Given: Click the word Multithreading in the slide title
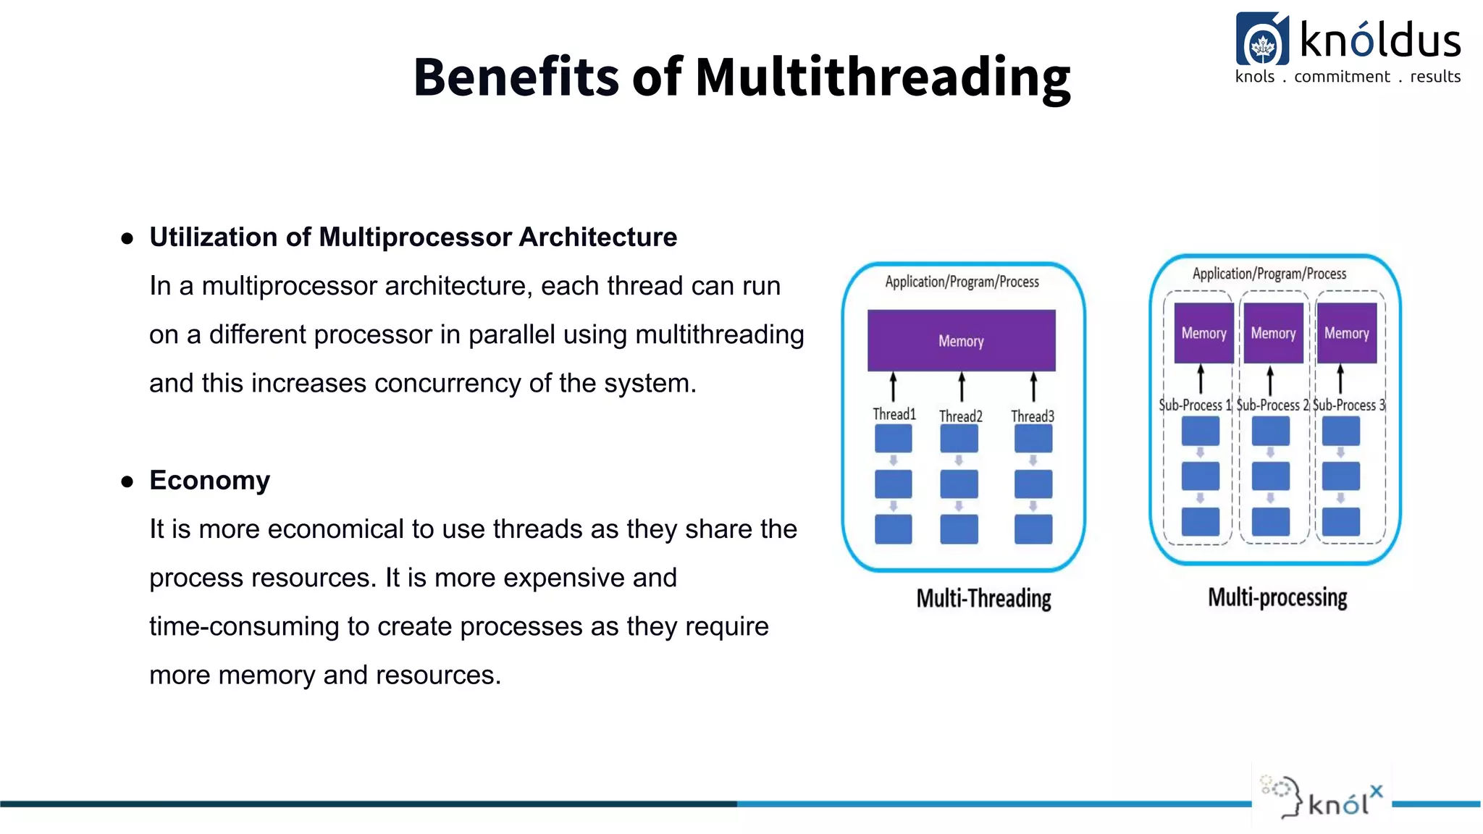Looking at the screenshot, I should pos(882,77).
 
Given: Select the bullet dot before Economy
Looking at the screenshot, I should pos(127,481).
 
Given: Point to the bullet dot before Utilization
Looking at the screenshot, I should pos(127,238).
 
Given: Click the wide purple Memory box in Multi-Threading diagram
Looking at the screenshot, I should pos(961,340).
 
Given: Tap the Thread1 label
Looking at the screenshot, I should pos(894,414).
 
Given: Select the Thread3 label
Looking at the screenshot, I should pos(1032,416).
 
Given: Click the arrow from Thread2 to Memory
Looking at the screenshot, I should pos(962,387).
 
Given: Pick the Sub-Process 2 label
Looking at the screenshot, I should pos(1272,405).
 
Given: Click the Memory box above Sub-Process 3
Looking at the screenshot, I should pos(1346,333).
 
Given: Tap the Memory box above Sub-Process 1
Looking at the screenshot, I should pos(1203,333).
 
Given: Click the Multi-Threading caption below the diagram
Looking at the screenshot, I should pos(983,599).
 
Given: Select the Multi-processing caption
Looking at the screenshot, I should pos(1277,597).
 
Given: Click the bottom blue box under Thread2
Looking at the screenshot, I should pos(959,529).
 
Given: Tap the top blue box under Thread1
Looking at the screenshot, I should pos(893,439).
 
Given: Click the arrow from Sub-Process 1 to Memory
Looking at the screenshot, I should pos(1201,379).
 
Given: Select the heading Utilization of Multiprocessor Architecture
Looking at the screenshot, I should pos(413,237).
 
